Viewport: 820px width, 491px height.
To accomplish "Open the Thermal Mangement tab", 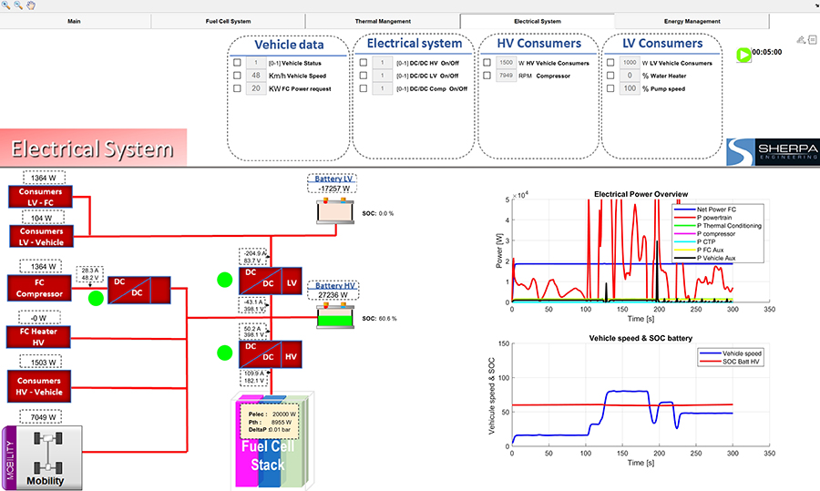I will [383, 21].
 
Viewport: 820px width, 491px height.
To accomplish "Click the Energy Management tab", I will [690, 21].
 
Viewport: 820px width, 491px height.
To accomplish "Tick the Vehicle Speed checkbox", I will [238, 76].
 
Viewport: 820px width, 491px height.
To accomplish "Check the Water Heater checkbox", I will [610, 76].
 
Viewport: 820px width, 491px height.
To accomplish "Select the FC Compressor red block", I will [40, 288].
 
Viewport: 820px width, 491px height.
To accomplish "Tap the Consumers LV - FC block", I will [40, 197].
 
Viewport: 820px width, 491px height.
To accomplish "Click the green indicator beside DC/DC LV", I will [224, 280].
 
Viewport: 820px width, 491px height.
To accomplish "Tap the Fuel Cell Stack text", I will [271, 456].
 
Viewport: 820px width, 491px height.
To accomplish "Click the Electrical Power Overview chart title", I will [641, 194].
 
